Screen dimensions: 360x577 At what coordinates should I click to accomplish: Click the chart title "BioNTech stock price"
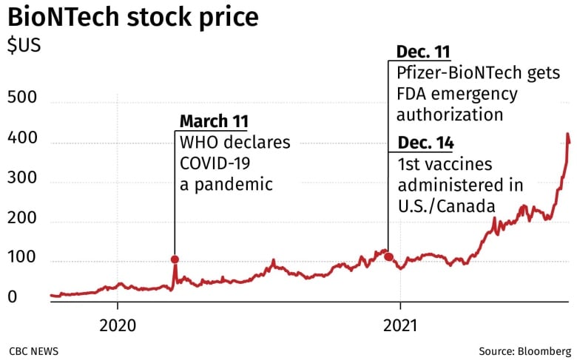click(x=133, y=16)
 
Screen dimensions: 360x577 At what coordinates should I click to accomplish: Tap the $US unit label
click(x=24, y=45)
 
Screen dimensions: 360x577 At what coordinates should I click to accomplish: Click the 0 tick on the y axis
click(x=13, y=297)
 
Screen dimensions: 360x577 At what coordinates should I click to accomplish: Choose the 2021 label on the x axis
click(x=399, y=326)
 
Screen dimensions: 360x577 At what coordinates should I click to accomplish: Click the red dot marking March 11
click(x=175, y=259)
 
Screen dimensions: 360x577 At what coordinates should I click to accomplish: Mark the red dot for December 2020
click(x=388, y=257)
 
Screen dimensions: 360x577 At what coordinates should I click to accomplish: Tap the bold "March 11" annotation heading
click(x=214, y=121)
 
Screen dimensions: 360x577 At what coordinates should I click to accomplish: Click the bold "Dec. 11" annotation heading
click(x=423, y=52)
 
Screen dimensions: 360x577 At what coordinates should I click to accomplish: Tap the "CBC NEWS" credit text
click(x=34, y=351)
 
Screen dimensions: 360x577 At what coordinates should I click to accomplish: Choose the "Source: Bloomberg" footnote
click(x=524, y=351)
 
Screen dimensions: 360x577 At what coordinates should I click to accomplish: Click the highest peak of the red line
click(x=567, y=135)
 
